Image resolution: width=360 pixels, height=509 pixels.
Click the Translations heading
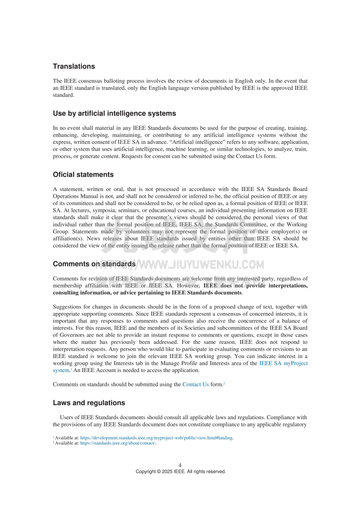[74, 66]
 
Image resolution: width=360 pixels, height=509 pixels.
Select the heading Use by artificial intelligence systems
[114, 113]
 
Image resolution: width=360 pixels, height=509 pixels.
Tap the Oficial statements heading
[83, 175]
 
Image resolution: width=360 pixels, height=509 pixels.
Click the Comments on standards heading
[94, 264]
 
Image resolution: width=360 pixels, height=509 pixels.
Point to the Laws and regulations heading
[89, 403]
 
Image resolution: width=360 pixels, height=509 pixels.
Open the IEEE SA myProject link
[283, 363]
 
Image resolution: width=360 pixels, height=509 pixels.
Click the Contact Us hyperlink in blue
[196, 384]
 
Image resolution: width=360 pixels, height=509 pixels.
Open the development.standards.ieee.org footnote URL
[157, 438]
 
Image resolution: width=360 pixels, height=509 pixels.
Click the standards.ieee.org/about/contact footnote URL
[118, 443]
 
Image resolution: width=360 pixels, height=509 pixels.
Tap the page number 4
[180, 465]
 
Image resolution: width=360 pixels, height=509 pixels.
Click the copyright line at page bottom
[180, 471]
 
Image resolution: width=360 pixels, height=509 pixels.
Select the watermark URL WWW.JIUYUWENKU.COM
[200, 264]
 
